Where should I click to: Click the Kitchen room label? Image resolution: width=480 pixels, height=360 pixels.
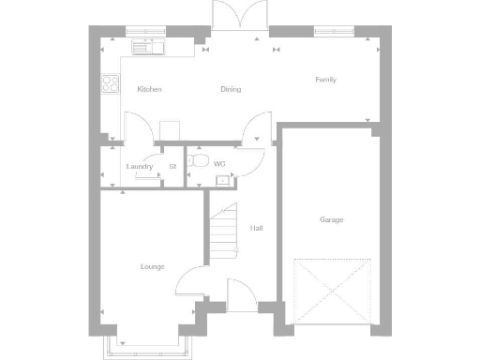pyautogui.click(x=150, y=89)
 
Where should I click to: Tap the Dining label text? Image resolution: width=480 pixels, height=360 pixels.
pyautogui.click(x=231, y=90)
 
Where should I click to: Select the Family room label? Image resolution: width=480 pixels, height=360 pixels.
pyautogui.click(x=325, y=80)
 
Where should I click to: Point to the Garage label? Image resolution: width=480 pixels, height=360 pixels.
pyautogui.click(x=331, y=219)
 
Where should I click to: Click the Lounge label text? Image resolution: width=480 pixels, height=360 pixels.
pyautogui.click(x=153, y=266)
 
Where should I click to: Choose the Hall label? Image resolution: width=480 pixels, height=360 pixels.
pyautogui.click(x=256, y=229)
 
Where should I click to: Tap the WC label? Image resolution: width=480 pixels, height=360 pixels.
pyautogui.click(x=219, y=164)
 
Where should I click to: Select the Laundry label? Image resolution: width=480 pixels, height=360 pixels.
pyautogui.click(x=140, y=167)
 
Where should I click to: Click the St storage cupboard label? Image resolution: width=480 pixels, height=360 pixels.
pyautogui.click(x=172, y=167)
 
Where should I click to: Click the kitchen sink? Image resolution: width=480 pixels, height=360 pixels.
pyautogui.click(x=147, y=45)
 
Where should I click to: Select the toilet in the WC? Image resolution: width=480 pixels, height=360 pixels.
pyautogui.click(x=196, y=162)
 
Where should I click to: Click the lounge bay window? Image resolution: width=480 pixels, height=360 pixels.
pyautogui.click(x=153, y=345)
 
